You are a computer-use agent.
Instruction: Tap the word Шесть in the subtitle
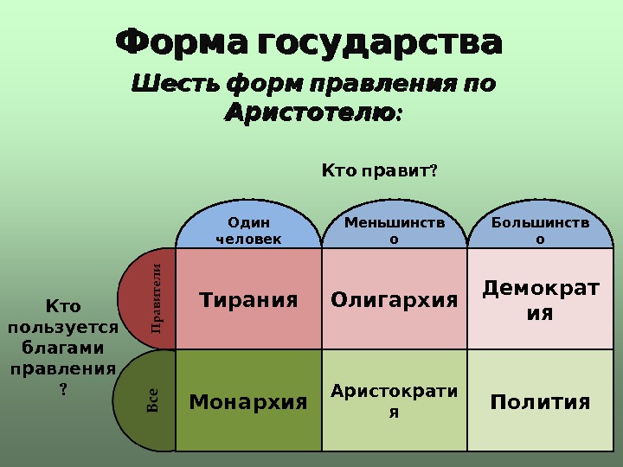(174, 85)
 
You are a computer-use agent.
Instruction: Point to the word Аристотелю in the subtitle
(309, 112)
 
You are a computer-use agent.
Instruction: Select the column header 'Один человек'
(248, 231)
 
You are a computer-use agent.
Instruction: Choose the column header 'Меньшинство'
(395, 231)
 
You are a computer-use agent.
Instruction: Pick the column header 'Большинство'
(541, 231)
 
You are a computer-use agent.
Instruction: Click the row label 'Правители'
(157, 299)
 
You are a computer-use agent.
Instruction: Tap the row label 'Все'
(151, 400)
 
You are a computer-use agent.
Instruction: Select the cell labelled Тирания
(248, 300)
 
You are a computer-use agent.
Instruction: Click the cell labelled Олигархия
(395, 300)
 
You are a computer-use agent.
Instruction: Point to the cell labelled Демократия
(541, 299)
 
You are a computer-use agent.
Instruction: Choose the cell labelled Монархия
(248, 402)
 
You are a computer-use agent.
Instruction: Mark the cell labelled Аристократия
(395, 401)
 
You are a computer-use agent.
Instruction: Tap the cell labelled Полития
(541, 402)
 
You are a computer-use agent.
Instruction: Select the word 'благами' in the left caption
(62, 348)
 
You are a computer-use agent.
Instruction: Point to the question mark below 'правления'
(62, 389)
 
